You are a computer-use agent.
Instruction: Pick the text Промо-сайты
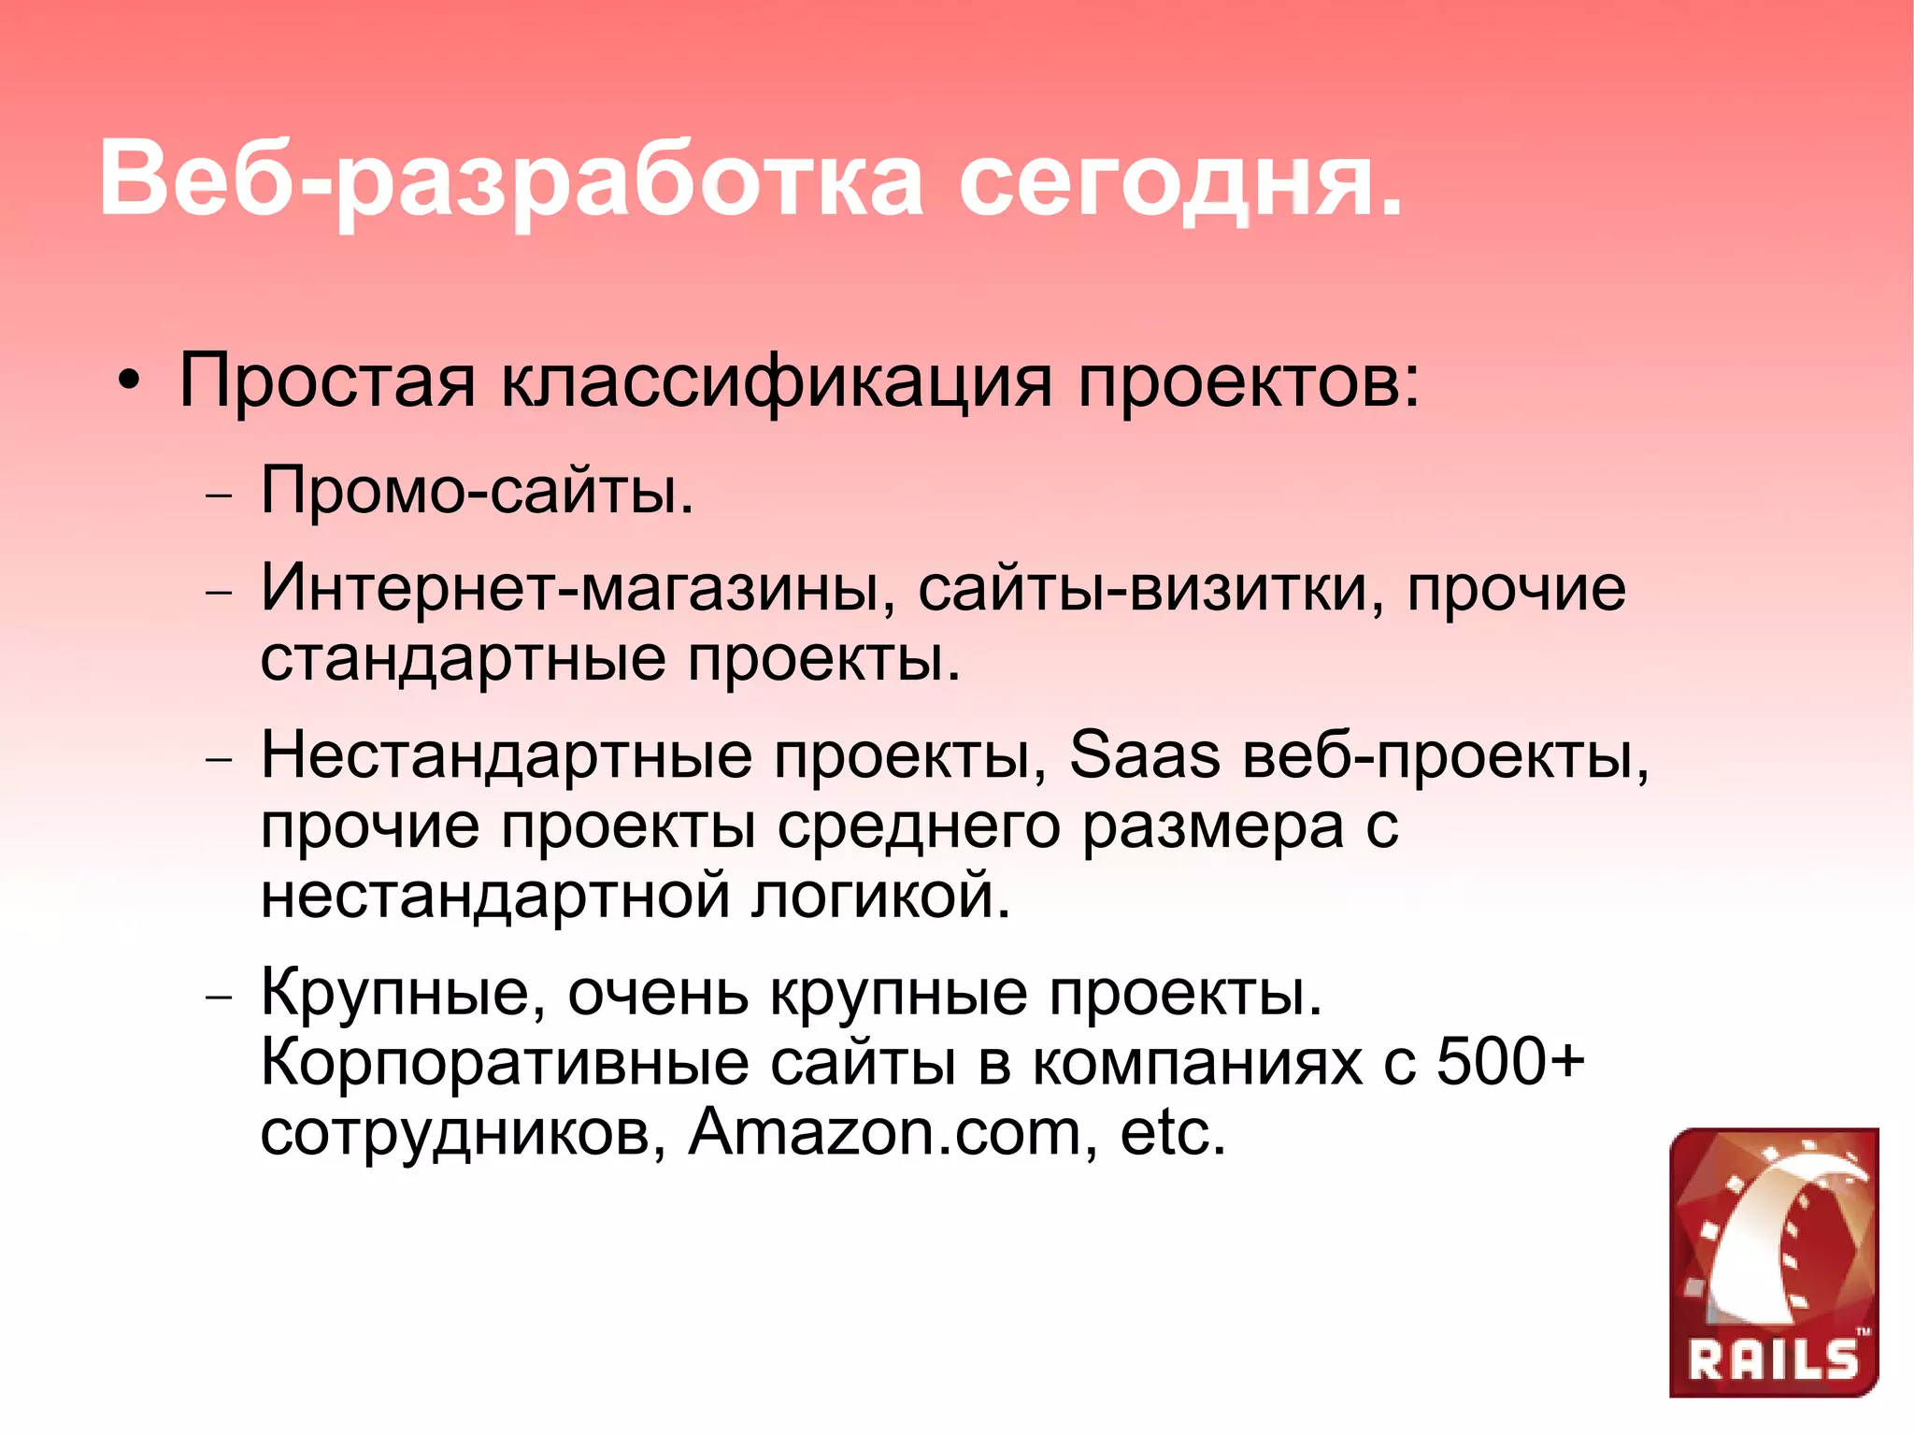[477, 490]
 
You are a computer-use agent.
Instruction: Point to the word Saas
[1144, 754]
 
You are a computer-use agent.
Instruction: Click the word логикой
[880, 896]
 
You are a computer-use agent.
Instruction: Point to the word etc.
[1172, 1132]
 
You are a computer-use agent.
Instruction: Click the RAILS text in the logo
[1773, 1360]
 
